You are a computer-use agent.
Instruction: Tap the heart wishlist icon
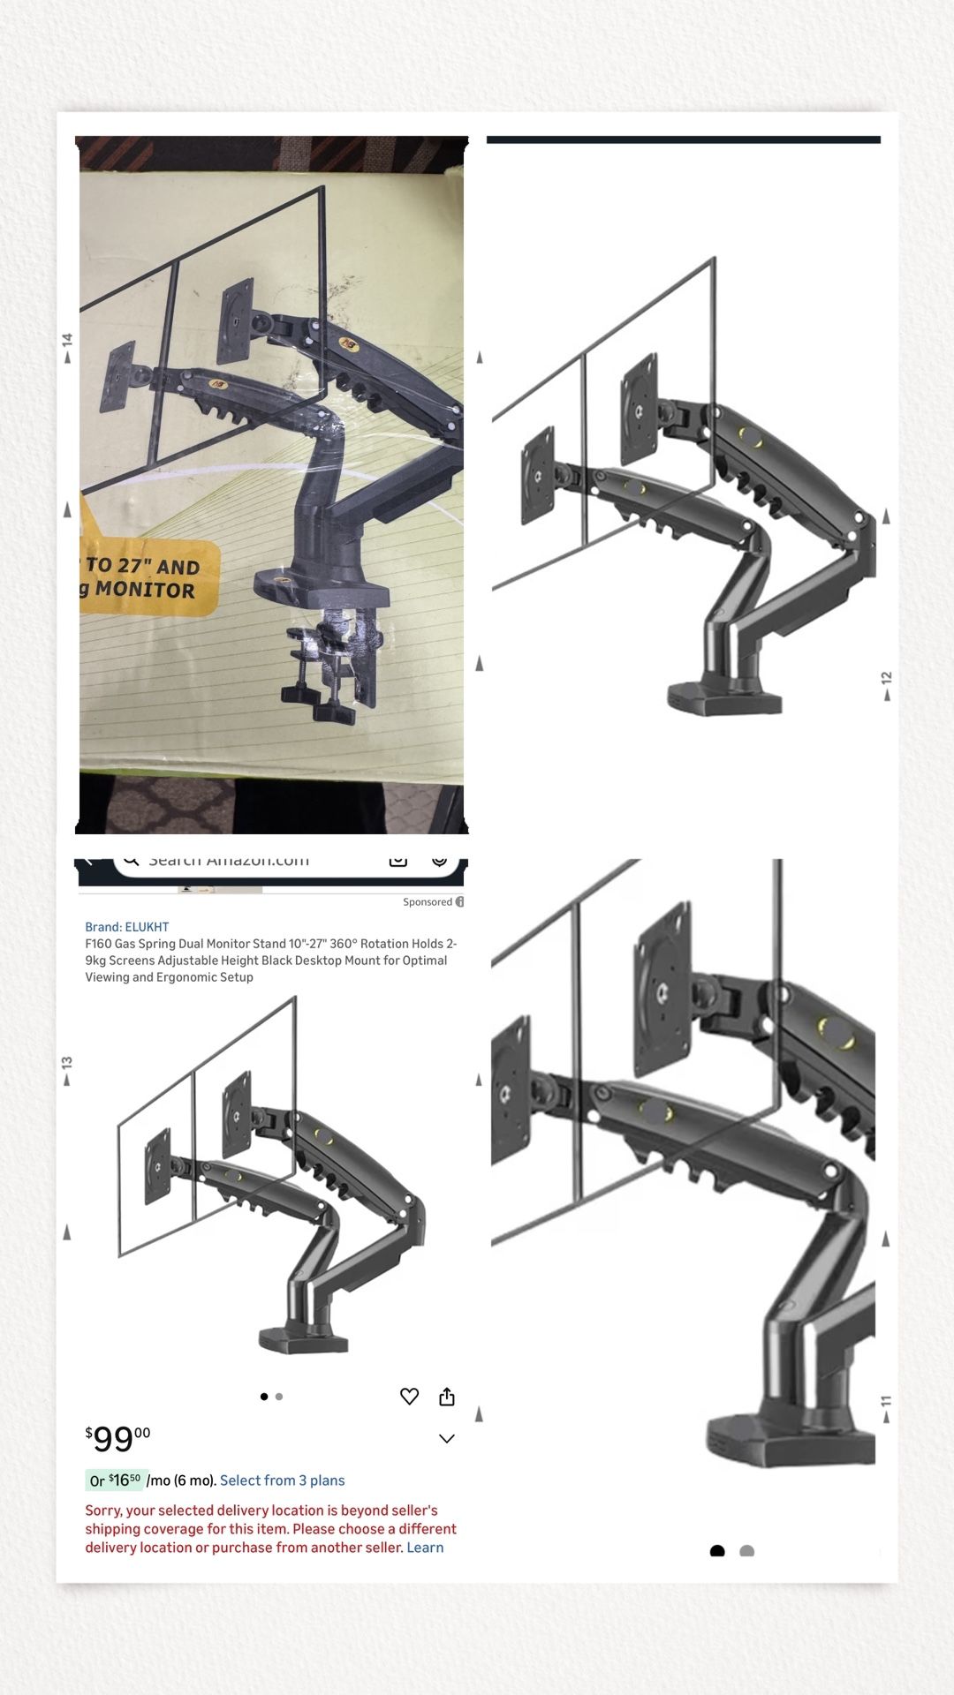point(409,1397)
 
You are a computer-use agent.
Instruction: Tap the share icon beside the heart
point(447,1397)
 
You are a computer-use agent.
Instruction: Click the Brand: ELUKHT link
point(126,927)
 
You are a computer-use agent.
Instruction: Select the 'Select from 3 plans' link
point(282,1480)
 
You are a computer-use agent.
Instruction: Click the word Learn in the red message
point(425,1548)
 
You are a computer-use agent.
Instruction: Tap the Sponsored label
point(428,902)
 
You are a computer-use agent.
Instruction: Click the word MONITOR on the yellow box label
point(145,589)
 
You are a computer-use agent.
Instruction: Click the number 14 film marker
point(67,340)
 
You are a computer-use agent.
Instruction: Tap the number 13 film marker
point(67,1063)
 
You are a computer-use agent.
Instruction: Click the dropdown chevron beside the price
point(447,1439)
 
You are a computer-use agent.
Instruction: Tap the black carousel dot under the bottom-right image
point(717,1551)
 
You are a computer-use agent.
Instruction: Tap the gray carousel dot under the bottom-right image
point(746,1551)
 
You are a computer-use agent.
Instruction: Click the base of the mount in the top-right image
point(724,699)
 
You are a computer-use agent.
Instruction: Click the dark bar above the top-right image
point(683,139)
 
